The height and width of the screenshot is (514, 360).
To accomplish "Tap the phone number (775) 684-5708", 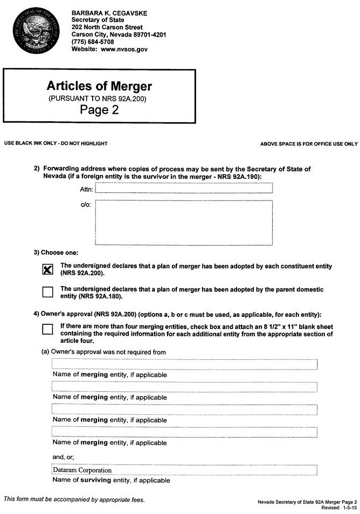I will pyautogui.click(x=93, y=41).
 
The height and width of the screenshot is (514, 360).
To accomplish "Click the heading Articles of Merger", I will pyautogui.click(x=99, y=86).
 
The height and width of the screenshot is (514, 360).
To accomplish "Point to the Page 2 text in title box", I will pyautogui.click(x=99, y=110).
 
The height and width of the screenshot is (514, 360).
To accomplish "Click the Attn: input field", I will pyautogui.click(x=184, y=188).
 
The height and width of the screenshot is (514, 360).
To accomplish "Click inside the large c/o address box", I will pyautogui.click(x=184, y=221).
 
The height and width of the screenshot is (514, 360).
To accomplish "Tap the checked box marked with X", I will pyautogui.click(x=47, y=269).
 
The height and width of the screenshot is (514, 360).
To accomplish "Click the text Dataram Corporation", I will pyautogui.click(x=82, y=470).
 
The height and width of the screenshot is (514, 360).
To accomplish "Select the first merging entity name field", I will pyautogui.click(x=184, y=365).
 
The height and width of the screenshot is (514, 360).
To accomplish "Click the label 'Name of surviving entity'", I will pyautogui.click(x=111, y=480).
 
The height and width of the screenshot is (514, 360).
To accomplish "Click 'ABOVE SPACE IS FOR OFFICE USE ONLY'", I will pyautogui.click(x=309, y=144).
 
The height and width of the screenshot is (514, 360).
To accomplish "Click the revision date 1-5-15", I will pyautogui.click(x=346, y=508).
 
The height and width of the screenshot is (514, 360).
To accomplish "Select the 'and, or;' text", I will pyautogui.click(x=63, y=457).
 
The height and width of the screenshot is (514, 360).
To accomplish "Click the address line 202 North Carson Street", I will pyautogui.click(x=107, y=27).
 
